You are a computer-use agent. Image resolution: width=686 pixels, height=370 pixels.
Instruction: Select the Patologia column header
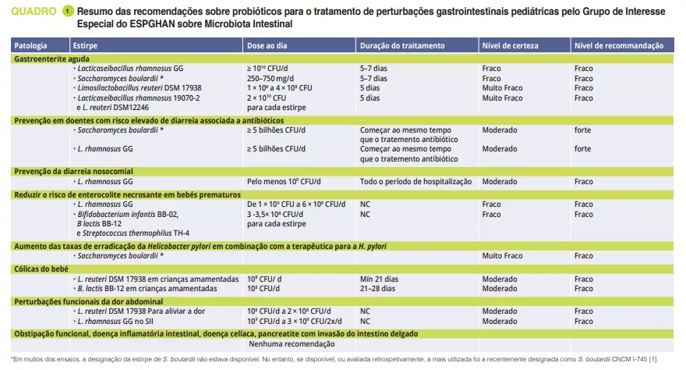pyautogui.click(x=30, y=47)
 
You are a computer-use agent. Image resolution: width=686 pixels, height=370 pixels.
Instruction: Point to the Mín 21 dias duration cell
pyautogui.click(x=379, y=279)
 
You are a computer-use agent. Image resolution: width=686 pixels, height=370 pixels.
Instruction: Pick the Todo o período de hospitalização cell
pyautogui.click(x=415, y=181)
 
